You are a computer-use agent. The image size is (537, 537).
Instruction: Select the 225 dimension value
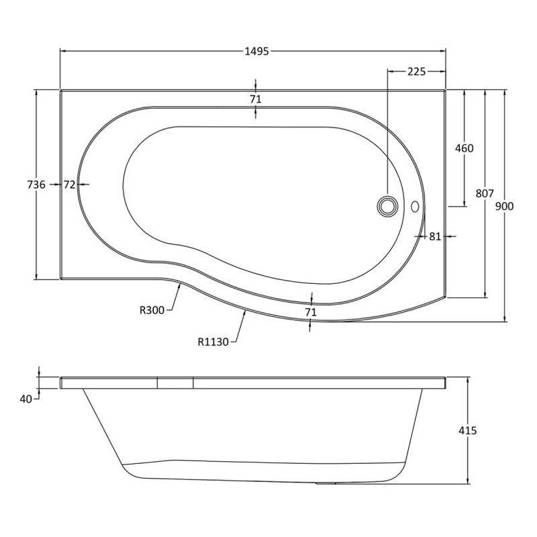pyautogui.click(x=416, y=72)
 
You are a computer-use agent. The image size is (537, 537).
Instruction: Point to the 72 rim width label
pyautogui.click(x=70, y=185)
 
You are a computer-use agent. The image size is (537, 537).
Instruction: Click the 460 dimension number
pyautogui.click(x=464, y=148)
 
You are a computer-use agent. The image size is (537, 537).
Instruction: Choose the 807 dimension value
pyautogui.click(x=485, y=193)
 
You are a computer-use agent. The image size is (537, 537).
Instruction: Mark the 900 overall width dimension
pyautogui.click(x=505, y=207)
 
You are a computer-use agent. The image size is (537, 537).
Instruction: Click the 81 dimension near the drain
pyautogui.click(x=434, y=236)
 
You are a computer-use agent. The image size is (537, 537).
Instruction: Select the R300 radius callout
pyautogui.click(x=152, y=310)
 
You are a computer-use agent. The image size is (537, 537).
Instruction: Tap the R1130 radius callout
pyautogui.click(x=213, y=342)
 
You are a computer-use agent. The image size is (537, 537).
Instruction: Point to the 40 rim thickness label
pyautogui.click(x=26, y=399)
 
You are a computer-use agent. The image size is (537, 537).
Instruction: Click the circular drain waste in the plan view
pyautogui.click(x=387, y=205)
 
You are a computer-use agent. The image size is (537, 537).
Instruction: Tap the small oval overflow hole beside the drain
pyautogui.click(x=414, y=207)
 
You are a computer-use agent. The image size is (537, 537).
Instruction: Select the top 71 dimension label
pyautogui.click(x=255, y=99)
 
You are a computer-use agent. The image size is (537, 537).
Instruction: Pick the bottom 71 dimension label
pyautogui.click(x=310, y=312)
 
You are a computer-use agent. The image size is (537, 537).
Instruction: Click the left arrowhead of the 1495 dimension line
pyautogui.click(x=63, y=51)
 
